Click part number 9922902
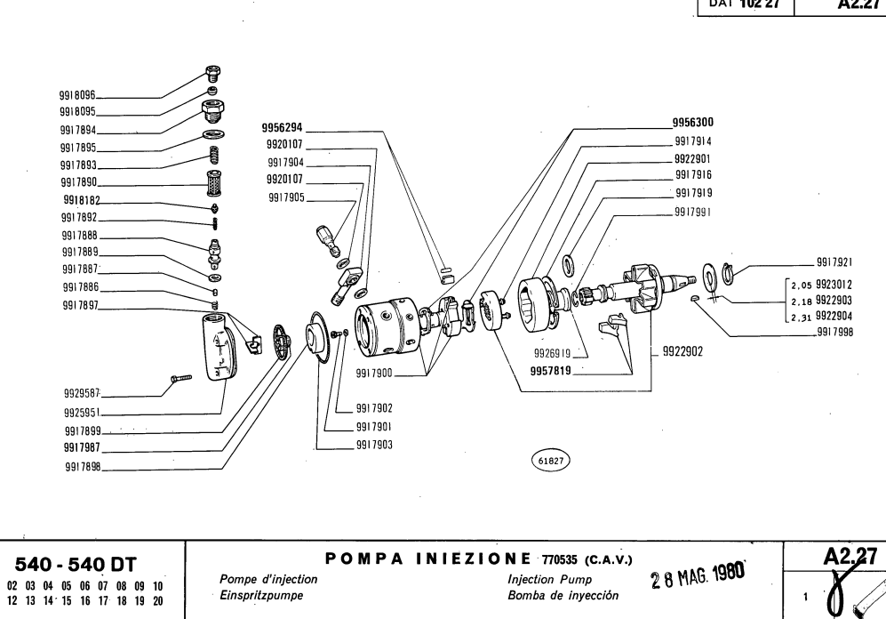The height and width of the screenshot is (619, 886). (682, 352)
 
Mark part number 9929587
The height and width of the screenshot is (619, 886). (82, 391)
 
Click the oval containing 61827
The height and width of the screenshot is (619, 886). (551, 461)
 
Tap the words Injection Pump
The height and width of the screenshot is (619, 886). (539, 579)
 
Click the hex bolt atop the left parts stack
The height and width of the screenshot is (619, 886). (212, 75)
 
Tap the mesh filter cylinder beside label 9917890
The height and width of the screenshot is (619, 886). (213, 186)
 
